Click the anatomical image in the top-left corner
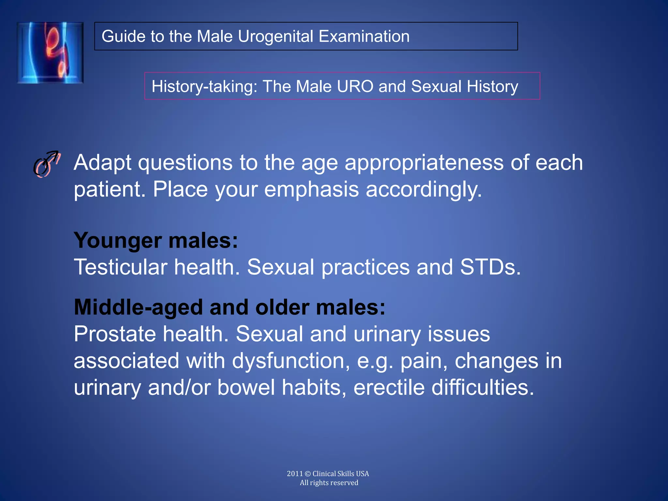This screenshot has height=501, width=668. [x=50, y=53]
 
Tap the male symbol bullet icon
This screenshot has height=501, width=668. [x=47, y=164]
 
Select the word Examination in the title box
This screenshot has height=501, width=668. [x=364, y=36]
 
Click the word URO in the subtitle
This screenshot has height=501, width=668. [x=355, y=86]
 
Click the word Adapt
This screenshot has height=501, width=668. [x=102, y=163]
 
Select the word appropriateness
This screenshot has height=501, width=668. [x=424, y=163]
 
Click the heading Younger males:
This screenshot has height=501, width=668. [x=156, y=240]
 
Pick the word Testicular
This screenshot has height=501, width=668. [x=120, y=267]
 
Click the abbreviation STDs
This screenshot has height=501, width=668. [x=490, y=267]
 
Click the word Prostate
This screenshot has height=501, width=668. [x=114, y=334]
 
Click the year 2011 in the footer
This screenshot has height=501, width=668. [x=295, y=474]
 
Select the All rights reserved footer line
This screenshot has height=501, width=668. [x=329, y=483]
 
